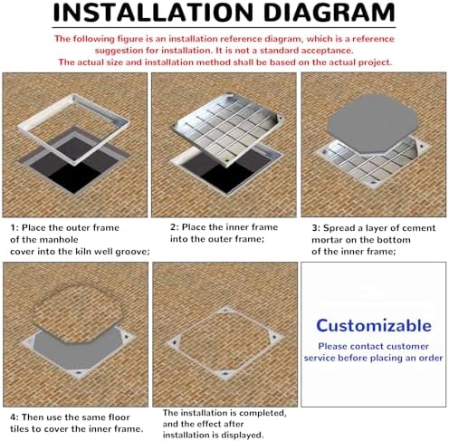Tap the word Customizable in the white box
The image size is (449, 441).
click(373, 325)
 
